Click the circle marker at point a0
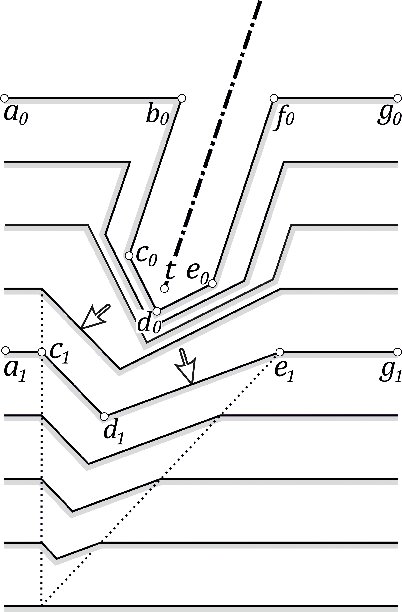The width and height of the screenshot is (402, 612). (x=4, y=98)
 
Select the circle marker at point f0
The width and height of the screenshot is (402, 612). (x=274, y=98)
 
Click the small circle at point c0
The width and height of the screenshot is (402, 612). (x=129, y=256)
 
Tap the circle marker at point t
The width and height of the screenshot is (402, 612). (x=164, y=289)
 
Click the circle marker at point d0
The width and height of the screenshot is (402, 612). (x=157, y=311)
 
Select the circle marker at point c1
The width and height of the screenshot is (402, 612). (x=42, y=352)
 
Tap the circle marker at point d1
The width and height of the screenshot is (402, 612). (x=104, y=416)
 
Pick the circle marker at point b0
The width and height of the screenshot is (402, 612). (x=182, y=98)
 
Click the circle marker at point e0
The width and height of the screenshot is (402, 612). (x=212, y=283)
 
